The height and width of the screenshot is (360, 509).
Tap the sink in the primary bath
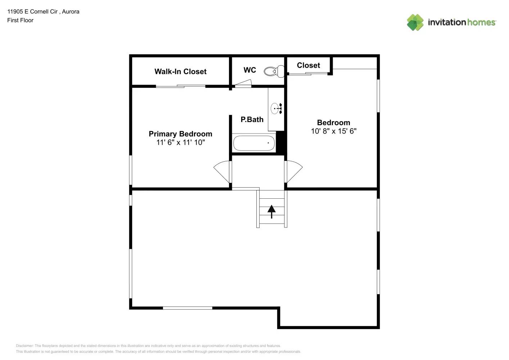click(276, 108)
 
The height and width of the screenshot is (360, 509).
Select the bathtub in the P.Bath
click(254, 143)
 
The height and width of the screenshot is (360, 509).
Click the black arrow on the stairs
click(271, 211)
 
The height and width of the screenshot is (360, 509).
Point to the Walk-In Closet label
click(180, 72)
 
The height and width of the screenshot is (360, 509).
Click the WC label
click(249, 70)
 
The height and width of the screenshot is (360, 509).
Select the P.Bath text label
click(252, 120)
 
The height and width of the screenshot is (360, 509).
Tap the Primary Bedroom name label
click(180, 134)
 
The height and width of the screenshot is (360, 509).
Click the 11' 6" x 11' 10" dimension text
click(180, 143)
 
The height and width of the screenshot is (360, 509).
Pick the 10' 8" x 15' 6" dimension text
click(333, 131)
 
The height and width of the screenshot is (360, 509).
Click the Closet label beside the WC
click(308, 66)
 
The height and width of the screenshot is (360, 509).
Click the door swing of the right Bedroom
click(293, 171)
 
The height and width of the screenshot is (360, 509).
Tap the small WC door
click(243, 85)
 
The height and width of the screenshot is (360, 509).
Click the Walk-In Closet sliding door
click(180, 86)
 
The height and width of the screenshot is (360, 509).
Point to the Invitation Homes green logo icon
click(415, 22)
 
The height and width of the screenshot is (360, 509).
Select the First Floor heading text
click(20, 21)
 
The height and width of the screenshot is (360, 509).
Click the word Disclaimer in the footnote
click(24, 346)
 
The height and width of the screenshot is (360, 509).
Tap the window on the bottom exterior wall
click(188, 308)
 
